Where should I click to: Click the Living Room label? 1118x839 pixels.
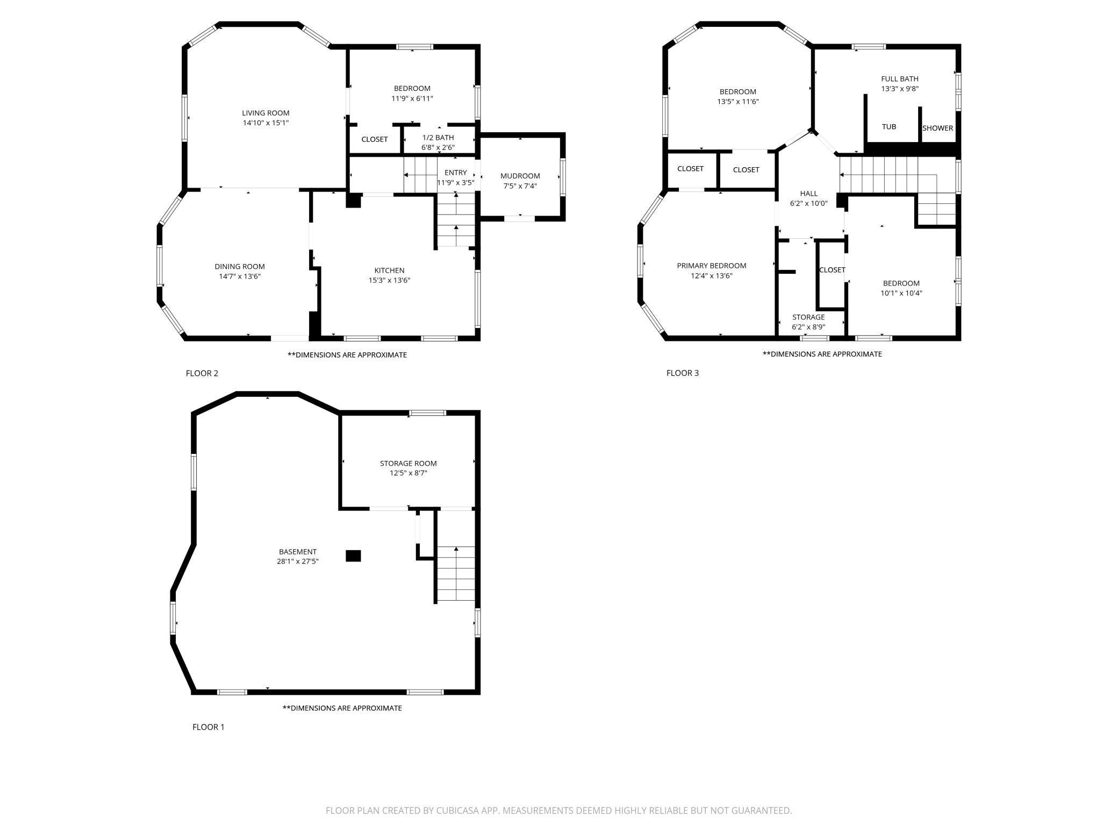point(266,113)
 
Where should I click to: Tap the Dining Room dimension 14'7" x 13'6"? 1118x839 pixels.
point(240,276)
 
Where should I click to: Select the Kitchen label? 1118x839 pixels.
point(389,271)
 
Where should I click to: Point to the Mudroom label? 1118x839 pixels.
point(520,176)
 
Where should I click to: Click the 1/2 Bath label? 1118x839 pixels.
point(438,138)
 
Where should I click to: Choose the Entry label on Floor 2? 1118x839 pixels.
point(456,173)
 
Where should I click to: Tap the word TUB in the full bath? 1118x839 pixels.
point(889,127)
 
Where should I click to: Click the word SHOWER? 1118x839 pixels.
point(938,128)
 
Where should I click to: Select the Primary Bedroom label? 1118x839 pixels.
point(712,266)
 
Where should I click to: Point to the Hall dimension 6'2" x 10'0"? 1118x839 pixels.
point(809,204)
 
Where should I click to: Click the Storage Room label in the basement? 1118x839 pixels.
point(408,463)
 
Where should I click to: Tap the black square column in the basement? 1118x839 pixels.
point(353,556)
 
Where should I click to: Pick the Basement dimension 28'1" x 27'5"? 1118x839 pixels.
point(298,561)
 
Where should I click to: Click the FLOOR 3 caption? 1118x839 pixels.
point(683,373)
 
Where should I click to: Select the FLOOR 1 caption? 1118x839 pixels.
point(209,727)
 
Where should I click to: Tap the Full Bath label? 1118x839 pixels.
point(900,79)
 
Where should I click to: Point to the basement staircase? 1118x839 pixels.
point(456,574)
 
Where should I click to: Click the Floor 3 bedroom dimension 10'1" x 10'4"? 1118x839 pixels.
point(901,294)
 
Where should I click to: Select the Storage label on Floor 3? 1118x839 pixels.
point(808,317)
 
